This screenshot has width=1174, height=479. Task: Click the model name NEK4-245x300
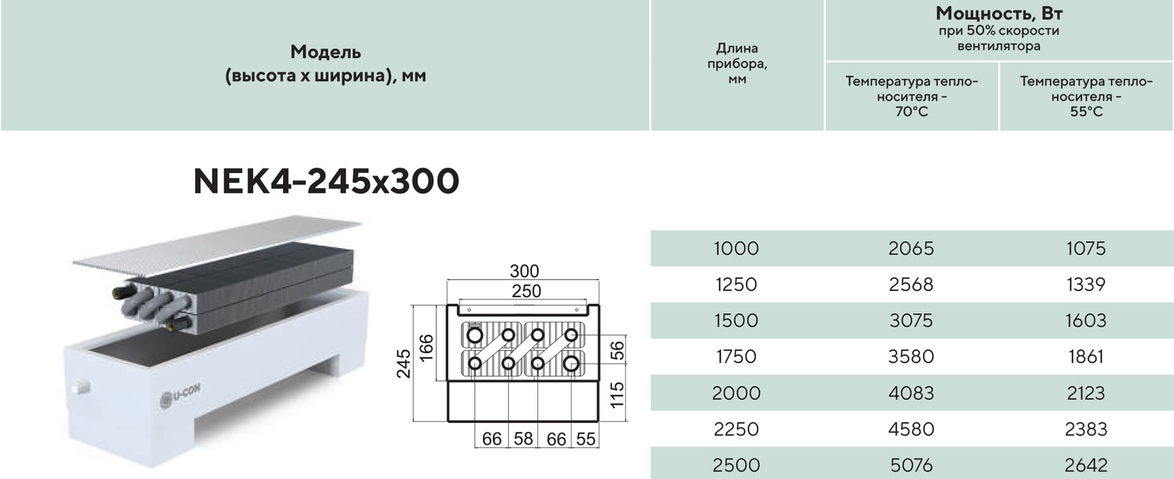pyautogui.click(x=326, y=181)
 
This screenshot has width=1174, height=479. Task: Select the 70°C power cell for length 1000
pyautogui.click(x=911, y=248)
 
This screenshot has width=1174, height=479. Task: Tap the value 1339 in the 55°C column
pyautogui.click(x=1086, y=284)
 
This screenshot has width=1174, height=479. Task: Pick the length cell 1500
pyautogui.click(x=736, y=321)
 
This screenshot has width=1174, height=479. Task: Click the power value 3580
pyautogui.click(x=911, y=357)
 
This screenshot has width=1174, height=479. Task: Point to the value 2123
pyautogui.click(x=1086, y=393)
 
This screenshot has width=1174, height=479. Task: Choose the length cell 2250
pyautogui.click(x=736, y=429)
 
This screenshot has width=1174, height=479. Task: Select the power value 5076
pyautogui.click(x=911, y=465)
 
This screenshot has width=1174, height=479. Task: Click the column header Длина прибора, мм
pyautogui.click(x=737, y=63)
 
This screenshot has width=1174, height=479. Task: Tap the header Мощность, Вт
pyautogui.click(x=999, y=13)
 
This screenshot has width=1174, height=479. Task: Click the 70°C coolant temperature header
pyautogui.click(x=911, y=96)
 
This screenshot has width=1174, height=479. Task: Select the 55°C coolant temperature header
pyautogui.click(x=1086, y=96)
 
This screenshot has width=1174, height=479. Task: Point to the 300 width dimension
pyautogui.click(x=525, y=271)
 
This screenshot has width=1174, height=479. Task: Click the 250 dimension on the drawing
pyautogui.click(x=526, y=291)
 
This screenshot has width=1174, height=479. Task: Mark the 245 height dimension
pyautogui.click(x=403, y=363)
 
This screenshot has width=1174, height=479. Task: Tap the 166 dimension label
pyautogui.click(x=426, y=347)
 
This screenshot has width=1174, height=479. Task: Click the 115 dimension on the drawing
pyautogui.click(x=617, y=395)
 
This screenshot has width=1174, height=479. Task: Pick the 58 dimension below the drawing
pyautogui.click(x=523, y=439)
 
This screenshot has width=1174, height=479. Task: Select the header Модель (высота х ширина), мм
pyautogui.click(x=326, y=64)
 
